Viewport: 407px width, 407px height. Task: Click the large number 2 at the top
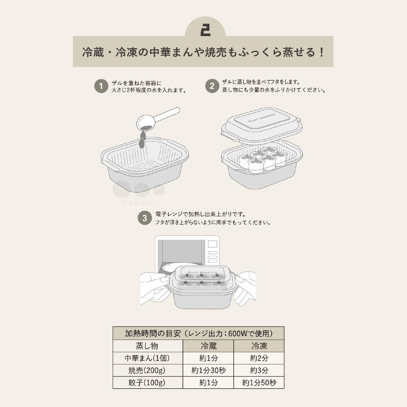205,30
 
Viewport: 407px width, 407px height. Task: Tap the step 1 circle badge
101,86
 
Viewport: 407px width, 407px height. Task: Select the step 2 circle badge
212,86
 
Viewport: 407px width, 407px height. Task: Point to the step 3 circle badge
145,218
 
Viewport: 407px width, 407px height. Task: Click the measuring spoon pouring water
157,119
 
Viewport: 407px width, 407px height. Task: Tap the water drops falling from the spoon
142,139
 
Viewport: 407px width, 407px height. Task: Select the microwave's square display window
212,244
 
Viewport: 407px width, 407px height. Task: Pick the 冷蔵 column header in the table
208,346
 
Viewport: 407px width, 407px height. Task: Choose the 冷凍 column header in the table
259,346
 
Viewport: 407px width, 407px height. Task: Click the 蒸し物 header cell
147,346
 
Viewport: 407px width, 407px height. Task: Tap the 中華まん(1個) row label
147,358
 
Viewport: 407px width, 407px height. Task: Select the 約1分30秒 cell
208,370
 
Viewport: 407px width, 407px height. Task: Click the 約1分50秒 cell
259,383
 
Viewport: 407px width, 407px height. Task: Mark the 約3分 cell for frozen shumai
259,370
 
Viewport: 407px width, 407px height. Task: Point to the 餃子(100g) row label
147,383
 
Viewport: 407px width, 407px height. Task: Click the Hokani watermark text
138,202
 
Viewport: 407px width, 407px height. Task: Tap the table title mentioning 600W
199,333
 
